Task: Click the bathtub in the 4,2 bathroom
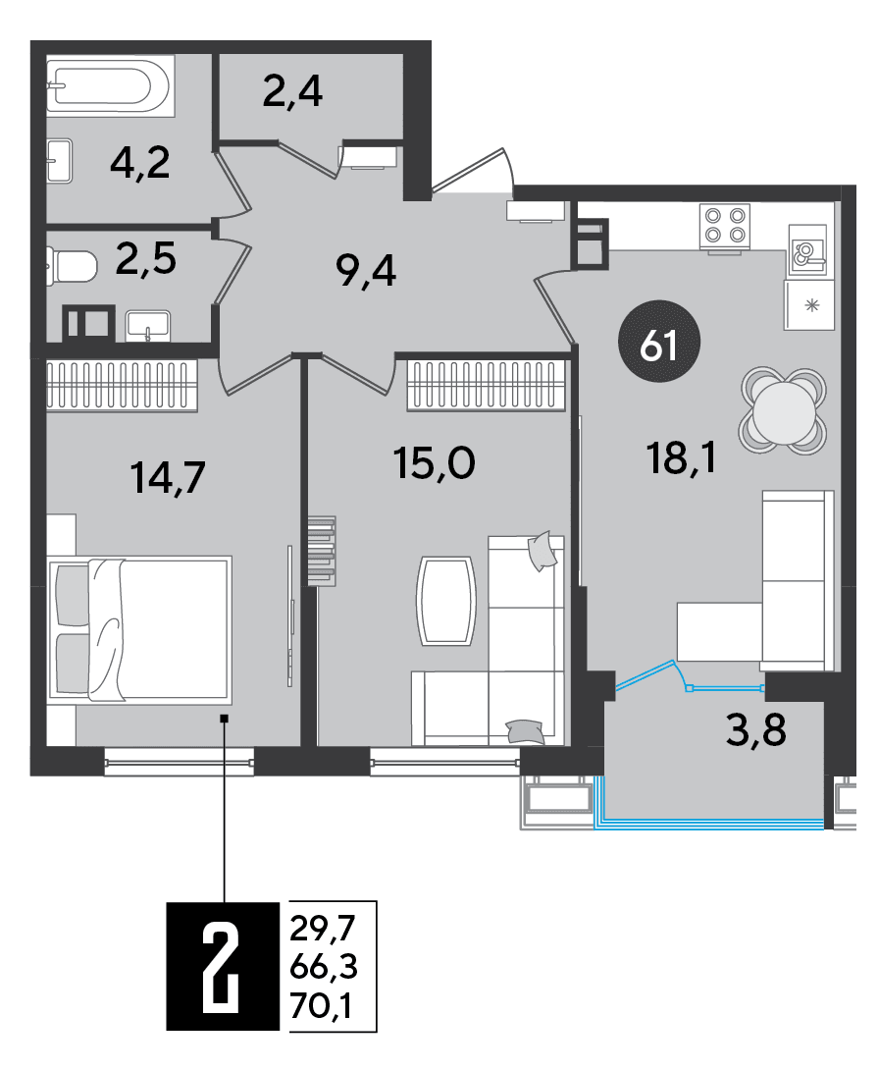[x=110, y=84]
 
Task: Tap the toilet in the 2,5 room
[x=71, y=267]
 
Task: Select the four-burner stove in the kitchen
[x=724, y=225]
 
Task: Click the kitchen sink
[x=806, y=250]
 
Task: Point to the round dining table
[x=783, y=410]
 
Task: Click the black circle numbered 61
[x=658, y=342]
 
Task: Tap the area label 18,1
[x=681, y=457]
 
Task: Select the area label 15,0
[x=434, y=463]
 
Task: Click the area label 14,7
[x=167, y=478]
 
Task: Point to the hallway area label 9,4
[x=366, y=272]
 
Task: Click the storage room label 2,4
[x=292, y=92]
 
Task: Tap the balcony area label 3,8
[x=755, y=730]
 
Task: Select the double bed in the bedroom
[x=139, y=629]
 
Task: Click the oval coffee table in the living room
[x=446, y=601]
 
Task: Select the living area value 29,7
[x=323, y=929]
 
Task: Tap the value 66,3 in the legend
[x=323, y=966]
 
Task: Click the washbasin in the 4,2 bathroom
[x=59, y=161]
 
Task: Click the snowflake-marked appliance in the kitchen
[x=809, y=305]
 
